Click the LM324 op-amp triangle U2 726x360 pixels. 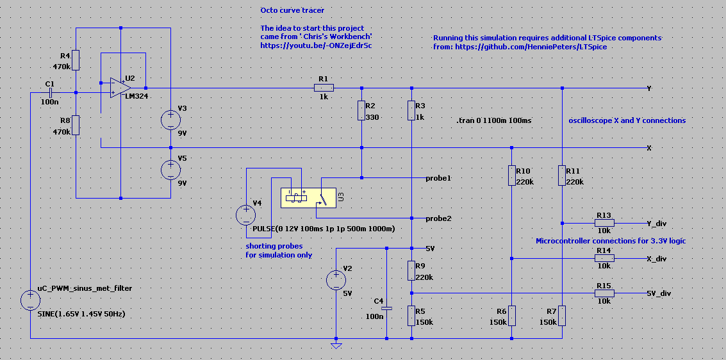point(120,88)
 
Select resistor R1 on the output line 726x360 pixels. point(324,88)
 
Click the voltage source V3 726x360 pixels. point(170,119)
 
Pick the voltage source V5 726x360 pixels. point(170,169)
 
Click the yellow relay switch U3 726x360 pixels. point(308,198)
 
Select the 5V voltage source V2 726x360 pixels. point(336,280)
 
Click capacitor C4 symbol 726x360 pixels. point(386,307)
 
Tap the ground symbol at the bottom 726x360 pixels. point(336,345)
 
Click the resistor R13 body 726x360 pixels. point(604,223)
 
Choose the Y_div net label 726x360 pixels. point(656,224)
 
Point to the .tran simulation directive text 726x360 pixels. point(493,121)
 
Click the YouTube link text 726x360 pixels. point(317,46)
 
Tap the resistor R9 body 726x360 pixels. point(411,270)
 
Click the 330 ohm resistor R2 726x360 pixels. point(361,111)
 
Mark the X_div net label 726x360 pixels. point(656,259)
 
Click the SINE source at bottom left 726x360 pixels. point(30,300)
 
